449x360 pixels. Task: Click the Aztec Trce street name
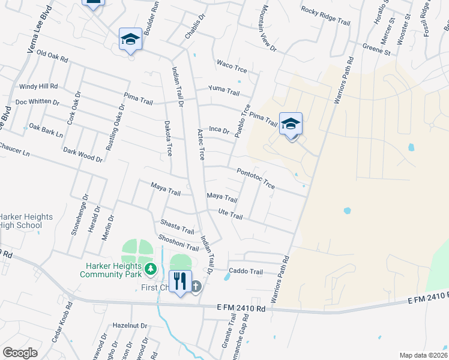coord(201,144)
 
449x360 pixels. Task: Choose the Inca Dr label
coord(219,129)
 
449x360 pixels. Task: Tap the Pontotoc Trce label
coord(256,178)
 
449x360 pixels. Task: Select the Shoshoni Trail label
coord(178,242)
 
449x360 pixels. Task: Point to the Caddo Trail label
coord(246,271)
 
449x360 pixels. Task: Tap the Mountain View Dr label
coord(268,29)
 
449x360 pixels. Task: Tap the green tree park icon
coord(151,269)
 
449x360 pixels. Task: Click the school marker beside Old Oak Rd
coord(130,40)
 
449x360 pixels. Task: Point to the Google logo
coord(20,353)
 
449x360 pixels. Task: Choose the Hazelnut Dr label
coord(130,325)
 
